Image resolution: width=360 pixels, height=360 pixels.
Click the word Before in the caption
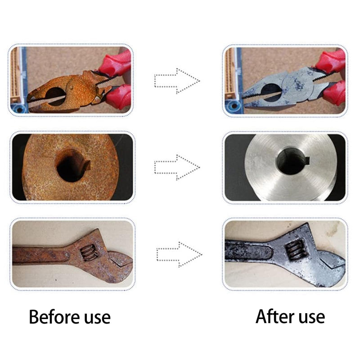click(x=54, y=317)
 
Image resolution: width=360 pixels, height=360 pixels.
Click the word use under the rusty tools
click(x=97, y=319)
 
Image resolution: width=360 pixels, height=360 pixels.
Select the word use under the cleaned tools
click(x=311, y=318)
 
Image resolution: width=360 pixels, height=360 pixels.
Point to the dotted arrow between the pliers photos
click(x=177, y=81)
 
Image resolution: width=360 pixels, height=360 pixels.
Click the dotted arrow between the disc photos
click(x=177, y=167)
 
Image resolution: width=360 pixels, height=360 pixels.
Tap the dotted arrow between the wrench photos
click(x=179, y=254)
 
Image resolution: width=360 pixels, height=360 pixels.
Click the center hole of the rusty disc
click(x=70, y=166)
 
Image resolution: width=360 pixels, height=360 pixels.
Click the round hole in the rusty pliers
click(x=55, y=96)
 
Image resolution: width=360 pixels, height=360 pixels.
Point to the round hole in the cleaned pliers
click(x=272, y=92)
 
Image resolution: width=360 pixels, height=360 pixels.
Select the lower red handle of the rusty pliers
click(x=119, y=95)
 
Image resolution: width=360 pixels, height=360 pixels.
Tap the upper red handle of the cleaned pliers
click(x=331, y=61)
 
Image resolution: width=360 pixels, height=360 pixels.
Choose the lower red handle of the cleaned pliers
click(x=334, y=93)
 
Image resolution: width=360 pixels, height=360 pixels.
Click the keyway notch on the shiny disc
click(x=307, y=160)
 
